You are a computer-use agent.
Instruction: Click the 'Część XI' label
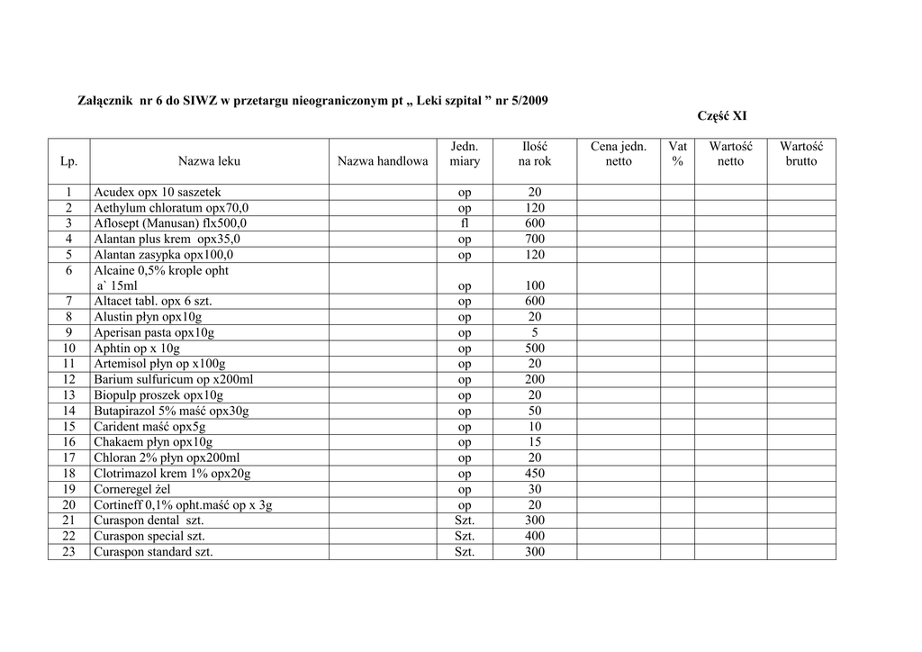coord(722,116)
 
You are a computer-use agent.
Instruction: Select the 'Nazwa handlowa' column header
coord(383,161)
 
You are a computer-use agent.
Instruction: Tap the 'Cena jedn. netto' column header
coord(619,154)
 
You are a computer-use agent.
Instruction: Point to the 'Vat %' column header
coord(677,154)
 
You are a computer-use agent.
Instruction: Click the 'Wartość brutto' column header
coord(800,154)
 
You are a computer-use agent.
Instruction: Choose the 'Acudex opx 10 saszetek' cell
coord(158,193)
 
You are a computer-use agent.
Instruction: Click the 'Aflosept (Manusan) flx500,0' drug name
coord(170,223)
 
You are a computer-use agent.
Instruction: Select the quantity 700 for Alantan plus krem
coord(535,239)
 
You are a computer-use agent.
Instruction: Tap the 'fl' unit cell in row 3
coord(465,223)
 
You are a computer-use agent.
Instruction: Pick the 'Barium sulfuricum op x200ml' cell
coord(174,380)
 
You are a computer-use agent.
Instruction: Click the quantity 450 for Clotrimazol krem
coord(535,474)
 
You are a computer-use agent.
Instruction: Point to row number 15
coord(69,427)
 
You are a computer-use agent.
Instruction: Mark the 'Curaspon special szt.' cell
coord(149,537)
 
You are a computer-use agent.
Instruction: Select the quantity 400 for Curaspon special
coord(535,537)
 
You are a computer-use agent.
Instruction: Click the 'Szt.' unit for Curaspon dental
coord(465,521)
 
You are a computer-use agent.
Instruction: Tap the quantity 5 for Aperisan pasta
coord(535,333)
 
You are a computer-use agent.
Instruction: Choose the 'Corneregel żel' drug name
coord(132,490)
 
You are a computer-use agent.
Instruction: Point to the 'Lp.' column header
coord(69,161)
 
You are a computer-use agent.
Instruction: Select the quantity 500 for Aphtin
coord(535,349)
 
